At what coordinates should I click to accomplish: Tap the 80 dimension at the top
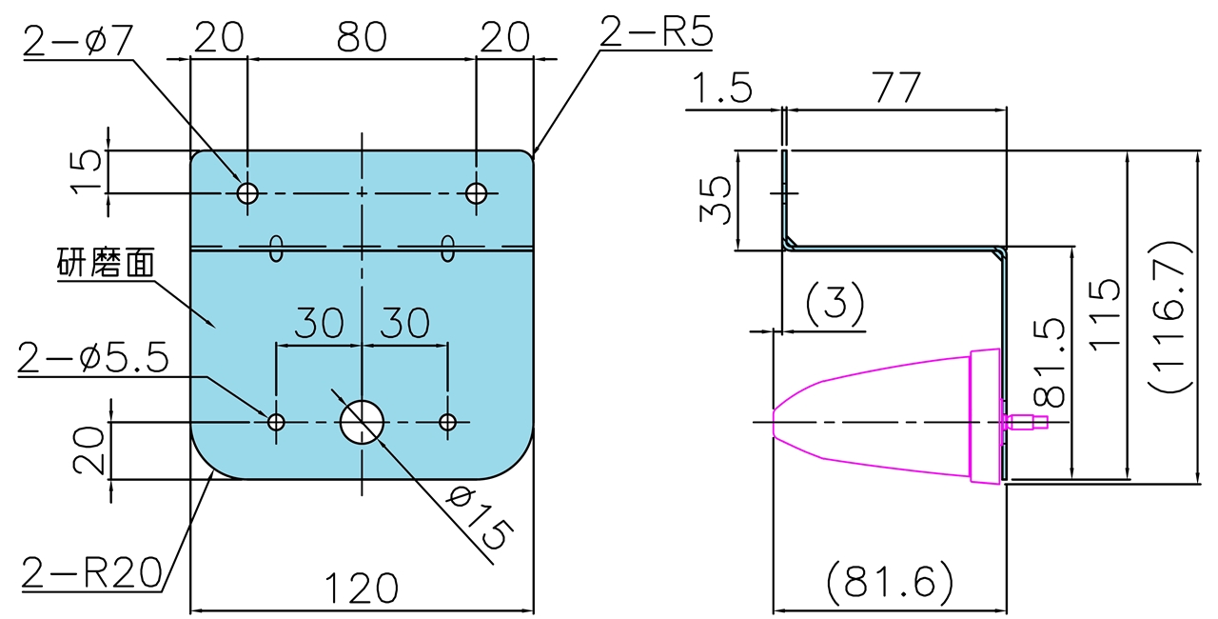362,37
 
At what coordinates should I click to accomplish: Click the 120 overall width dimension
362,589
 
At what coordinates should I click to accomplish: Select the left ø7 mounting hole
247,193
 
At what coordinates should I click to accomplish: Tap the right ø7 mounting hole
477,193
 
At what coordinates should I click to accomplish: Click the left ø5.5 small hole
277,422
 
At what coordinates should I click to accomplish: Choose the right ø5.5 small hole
448,422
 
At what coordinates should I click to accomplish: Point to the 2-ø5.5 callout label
93,359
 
